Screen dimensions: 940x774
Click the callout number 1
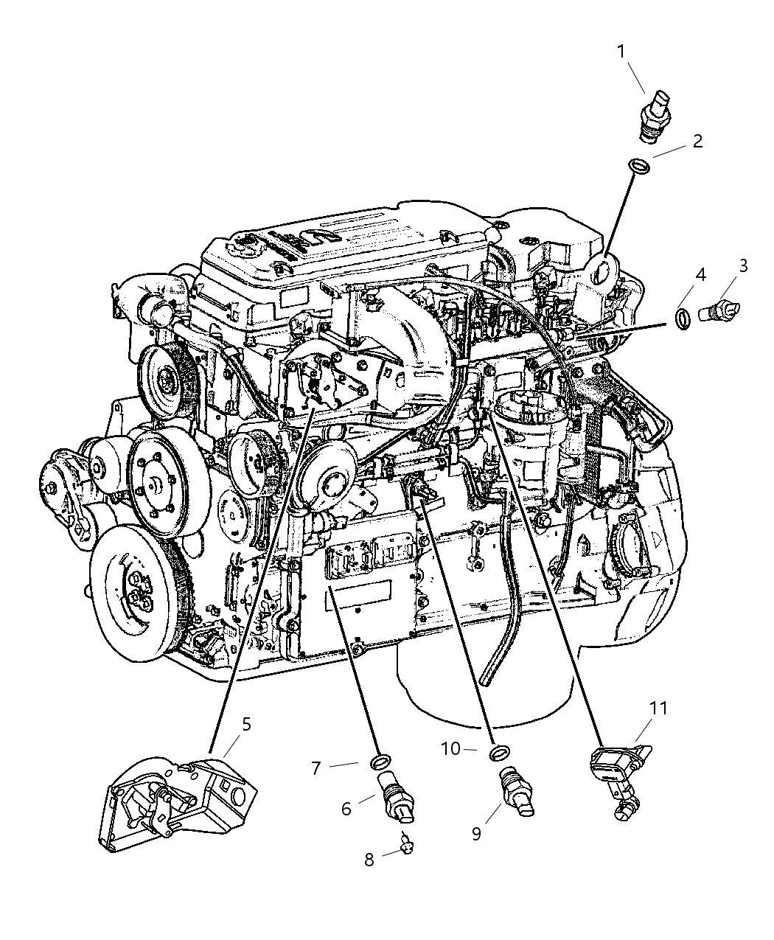pyautogui.click(x=621, y=52)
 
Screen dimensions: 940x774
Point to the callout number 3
pyautogui.click(x=743, y=265)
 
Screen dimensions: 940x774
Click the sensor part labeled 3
pyautogui.click(x=719, y=310)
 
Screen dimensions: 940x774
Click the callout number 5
pyautogui.click(x=246, y=724)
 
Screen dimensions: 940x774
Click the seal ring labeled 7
pyautogui.click(x=381, y=761)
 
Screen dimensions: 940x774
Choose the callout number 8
pyautogui.click(x=369, y=860)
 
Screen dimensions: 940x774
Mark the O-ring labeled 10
pyautogui.click(x=500, y=751)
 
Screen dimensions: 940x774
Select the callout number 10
pyautogui.click(x=450, y=749)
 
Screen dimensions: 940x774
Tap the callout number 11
pyautogui.click(x=658, y=709)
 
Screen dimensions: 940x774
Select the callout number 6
pyautogui.click(x=346, y=809)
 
